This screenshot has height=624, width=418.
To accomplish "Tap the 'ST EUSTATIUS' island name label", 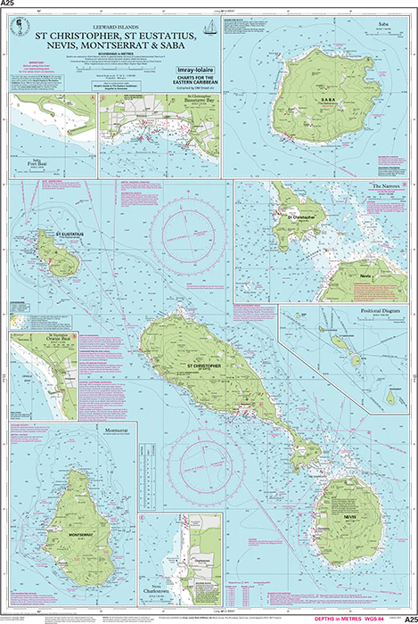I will [x=69, y=233].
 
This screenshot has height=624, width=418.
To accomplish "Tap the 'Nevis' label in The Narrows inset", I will [x=365, y=277].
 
